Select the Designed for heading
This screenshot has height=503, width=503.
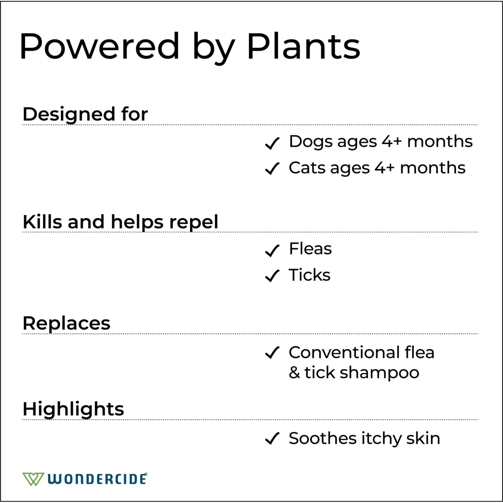click(x=85, y=114)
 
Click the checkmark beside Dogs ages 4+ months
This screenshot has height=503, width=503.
click(x=272, y=143)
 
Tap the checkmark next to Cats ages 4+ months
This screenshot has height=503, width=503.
click(x=272, y=169)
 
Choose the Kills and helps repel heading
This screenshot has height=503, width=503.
click(x=120, y=222)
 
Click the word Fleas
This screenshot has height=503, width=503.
click(x=310, y=249)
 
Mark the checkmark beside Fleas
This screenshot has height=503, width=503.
click(x=272, y=250)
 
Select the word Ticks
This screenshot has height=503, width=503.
click(x=310, y=275)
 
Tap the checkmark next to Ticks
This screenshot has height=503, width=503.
click(x=272, y=276)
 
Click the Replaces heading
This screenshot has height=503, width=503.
click(x=66, y=323)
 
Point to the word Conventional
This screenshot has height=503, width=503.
click(x=344, y=352)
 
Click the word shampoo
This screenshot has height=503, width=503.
click(x=379, y=373)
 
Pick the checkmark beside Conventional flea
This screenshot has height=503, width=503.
click(x=272, y=353)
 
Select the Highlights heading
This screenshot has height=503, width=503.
click(x=73, y=409)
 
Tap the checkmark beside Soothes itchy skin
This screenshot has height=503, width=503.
click(x=272, y=438)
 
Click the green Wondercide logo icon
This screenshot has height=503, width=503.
click(x=33, y=479)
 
